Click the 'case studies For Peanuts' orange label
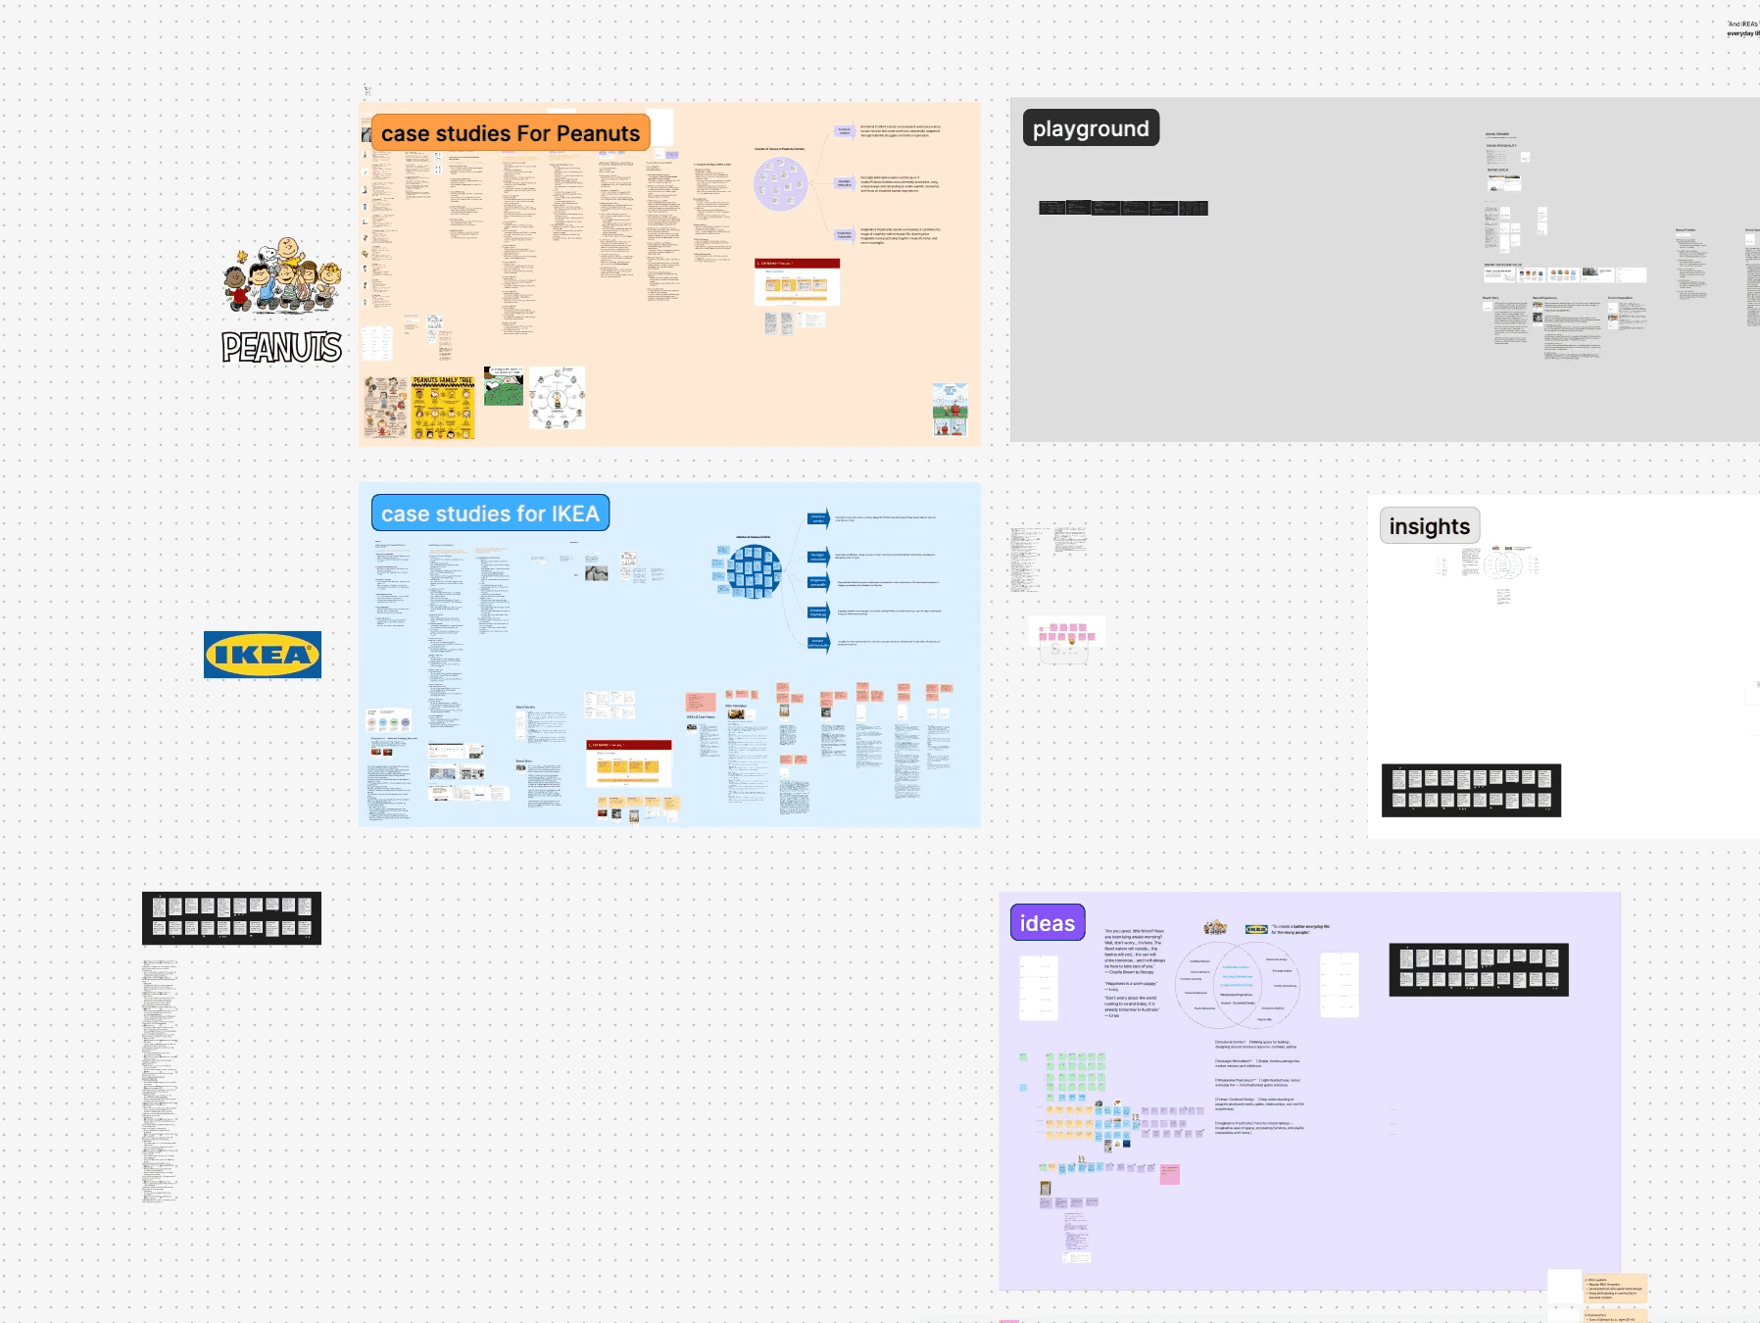510,133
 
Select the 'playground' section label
1091,128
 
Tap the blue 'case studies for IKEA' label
490,514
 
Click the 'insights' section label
1429,526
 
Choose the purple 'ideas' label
1047,923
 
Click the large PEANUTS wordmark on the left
281,347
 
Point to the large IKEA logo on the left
263,655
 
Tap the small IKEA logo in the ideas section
1256,929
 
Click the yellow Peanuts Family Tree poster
442,407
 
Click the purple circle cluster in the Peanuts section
780,183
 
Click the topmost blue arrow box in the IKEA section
817,518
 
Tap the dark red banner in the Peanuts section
797,264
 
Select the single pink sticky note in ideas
1169,1174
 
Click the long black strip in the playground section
1123,208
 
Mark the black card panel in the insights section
1471,790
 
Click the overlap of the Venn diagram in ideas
1237,984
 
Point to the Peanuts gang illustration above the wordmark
281,275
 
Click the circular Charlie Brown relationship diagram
557,398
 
